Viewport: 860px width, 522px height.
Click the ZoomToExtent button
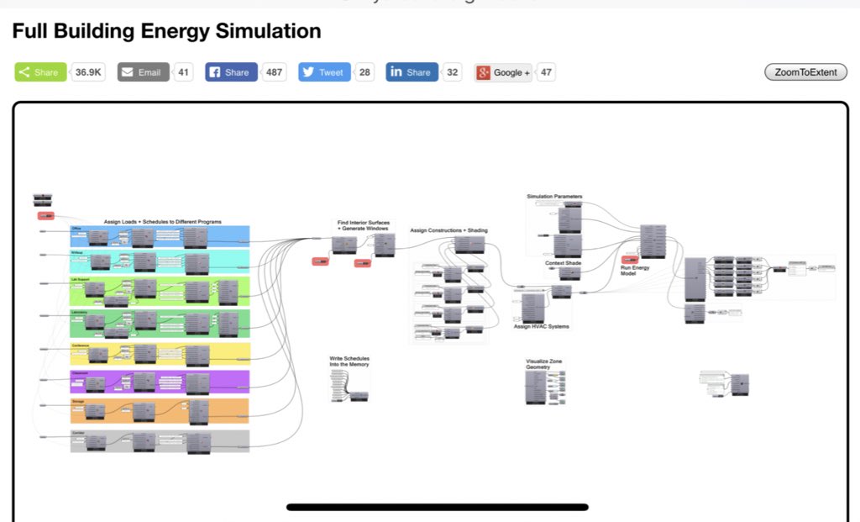click(x=805, y=72)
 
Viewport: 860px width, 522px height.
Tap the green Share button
click(x=40, y=72)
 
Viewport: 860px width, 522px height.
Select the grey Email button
click(x=143, y=72)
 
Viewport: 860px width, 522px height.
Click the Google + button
click(x=503, y=72)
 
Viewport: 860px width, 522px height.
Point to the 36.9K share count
click(x=88, y=72)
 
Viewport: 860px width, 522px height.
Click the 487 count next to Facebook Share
click(x=274, y=72)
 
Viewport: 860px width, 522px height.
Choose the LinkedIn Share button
click(x=412, y=72)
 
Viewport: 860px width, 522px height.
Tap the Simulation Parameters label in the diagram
click(x=554, y=197)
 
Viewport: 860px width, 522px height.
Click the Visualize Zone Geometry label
click(x=544, y=364)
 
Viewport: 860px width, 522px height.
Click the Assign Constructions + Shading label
click(x=448, y=230)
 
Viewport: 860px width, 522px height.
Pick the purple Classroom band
click(x=160, y=382)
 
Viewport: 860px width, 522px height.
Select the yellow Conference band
click(x=160, y=354)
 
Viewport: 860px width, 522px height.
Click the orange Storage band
click(x=160, y=411)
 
